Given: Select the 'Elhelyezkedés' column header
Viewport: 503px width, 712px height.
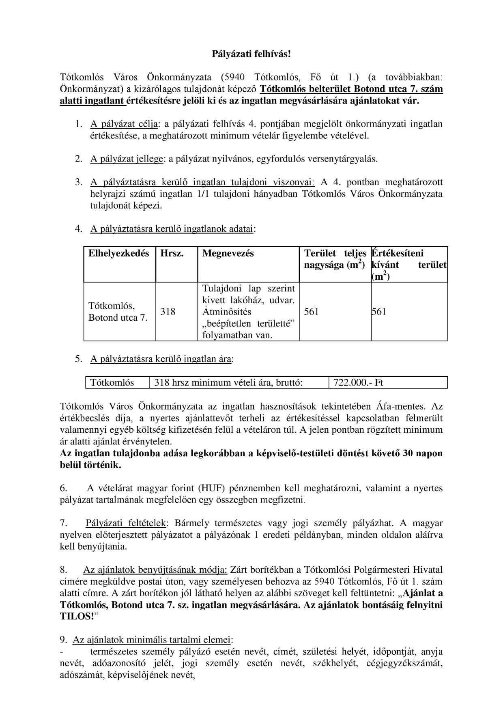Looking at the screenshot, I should click(x=119, y=253).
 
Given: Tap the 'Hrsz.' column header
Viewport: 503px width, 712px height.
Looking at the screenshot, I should click(x=172, y=253).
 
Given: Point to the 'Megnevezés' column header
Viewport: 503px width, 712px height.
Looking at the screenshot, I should click(x=228, y=253).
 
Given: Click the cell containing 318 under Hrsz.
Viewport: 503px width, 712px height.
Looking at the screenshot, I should click(x=168, y=312).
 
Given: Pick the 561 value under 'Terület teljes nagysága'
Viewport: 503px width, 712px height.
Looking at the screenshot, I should click(x=312, y=312).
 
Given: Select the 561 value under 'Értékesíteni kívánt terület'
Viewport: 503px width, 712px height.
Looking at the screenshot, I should click(x=379, y=312).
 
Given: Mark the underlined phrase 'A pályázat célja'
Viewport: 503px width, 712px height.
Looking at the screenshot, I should click(x=124, y=124).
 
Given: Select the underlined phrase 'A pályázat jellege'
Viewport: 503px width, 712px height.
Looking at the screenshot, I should click(x=127, y=159).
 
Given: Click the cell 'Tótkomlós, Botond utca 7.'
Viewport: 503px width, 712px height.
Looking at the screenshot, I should click(x=118, y=312).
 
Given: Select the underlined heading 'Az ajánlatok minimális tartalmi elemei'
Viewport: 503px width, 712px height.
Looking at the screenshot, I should click(x=152, y=640).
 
